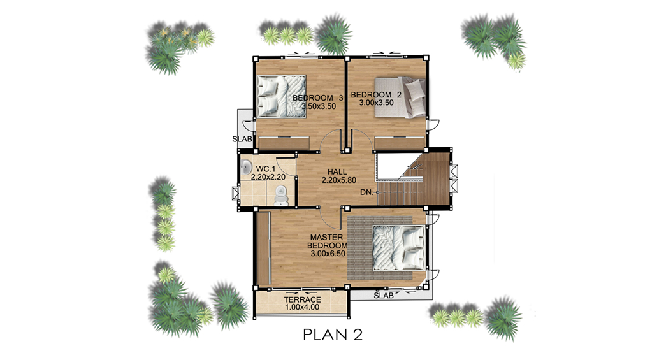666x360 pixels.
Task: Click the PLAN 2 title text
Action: tap(333, 335)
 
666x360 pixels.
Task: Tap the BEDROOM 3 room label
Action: tap(318, 98)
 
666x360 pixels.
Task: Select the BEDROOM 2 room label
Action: tap(376, 95)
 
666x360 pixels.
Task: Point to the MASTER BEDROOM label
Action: tap(327, 241)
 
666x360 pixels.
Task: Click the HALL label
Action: tap(337, 172)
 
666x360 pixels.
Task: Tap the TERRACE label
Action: tap(303, 299)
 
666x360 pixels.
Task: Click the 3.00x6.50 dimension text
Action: tap(328, 254)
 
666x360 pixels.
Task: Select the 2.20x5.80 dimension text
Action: tap(338, 180)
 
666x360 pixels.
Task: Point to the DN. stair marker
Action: tap(366, 192)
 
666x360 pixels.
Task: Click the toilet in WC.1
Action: tap(281, 195)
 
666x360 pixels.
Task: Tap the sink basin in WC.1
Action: tap(247, 166)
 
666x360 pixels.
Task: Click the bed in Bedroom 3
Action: tap(281, 96)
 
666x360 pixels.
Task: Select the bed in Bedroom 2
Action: tap(399, 97)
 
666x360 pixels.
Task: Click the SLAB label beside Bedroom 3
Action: tap(242, 139)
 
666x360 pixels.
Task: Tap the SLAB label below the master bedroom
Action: tap(384, 296)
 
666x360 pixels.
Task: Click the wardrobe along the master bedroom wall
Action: tap(263, 248)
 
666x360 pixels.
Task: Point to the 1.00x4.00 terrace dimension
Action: tap(302, 307)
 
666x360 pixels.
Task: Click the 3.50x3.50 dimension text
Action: tap(319, 106)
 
